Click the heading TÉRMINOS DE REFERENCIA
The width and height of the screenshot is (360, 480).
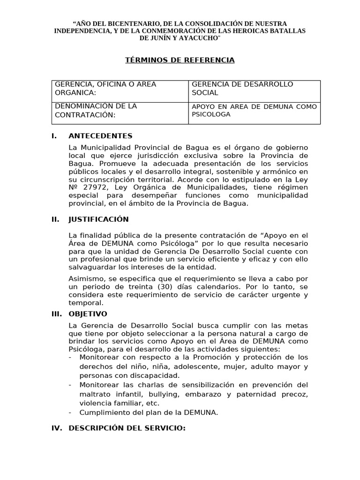tap(180, 60)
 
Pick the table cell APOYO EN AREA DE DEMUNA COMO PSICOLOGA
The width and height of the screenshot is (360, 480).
tap(255, 110)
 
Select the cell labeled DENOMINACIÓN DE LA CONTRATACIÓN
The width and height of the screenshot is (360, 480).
tap(96, 110)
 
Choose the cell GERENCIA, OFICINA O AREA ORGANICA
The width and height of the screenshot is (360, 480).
tap(105, 88)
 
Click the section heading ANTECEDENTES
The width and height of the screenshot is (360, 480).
tap(100, 136)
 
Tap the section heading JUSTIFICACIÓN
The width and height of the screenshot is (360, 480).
tap(98, 219)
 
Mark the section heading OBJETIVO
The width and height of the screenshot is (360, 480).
tap(88, 314)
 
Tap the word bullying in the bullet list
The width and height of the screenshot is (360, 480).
tap(158, 394)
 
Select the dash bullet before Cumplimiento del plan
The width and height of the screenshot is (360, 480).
tap(70, 412)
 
